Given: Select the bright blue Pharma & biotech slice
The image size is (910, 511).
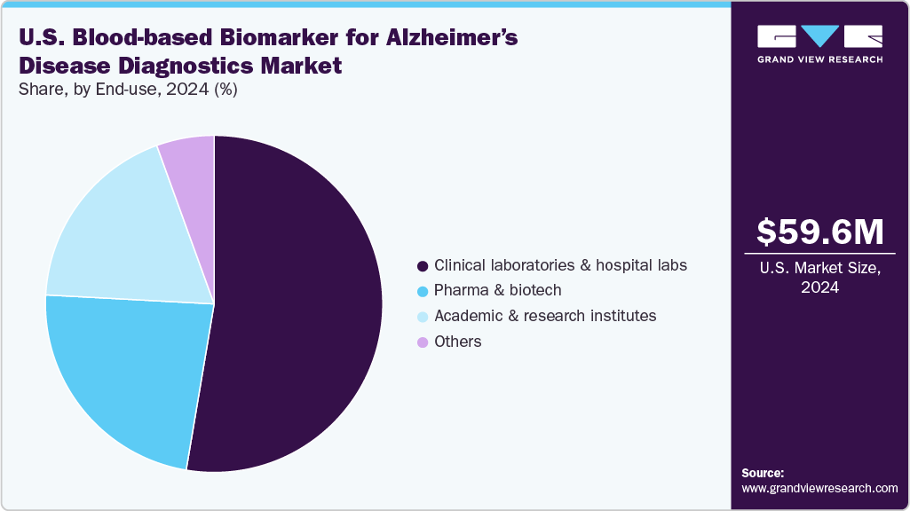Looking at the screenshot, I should click(x=124, y=373).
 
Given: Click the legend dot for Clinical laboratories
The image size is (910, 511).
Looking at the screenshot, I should click(x=423, y=265).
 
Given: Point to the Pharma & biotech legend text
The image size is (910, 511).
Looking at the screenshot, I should click(x=497, y=290).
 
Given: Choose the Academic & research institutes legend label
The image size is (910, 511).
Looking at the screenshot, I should click(x=544, y=316).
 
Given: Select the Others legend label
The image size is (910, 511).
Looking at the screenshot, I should click(x=457, y=342).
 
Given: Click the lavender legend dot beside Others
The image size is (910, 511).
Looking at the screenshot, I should click(x=423, y=342).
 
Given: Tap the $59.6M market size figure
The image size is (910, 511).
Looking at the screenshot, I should click(x=819, y=232).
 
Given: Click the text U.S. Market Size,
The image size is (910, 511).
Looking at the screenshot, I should click(x=820, y=269).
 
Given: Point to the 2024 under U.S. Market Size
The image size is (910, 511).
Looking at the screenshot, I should click(x=820, y=287).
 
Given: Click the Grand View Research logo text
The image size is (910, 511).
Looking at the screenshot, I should click(x=819, y=59).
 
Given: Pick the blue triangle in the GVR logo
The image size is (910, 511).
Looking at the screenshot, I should click(x=820, y=36).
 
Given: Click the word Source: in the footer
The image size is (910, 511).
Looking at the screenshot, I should click(x=763, y=473).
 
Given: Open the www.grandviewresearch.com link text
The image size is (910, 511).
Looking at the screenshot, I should click(x=819, y=489).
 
